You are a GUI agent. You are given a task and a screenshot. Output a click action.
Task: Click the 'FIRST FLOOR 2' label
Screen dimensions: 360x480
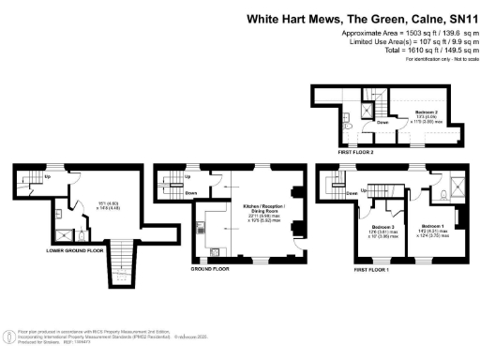pos(360,149)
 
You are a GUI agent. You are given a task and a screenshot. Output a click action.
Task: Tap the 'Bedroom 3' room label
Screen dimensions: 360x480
pos(381,228)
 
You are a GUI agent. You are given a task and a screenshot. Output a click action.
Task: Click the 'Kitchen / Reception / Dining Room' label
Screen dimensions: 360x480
pos(263,209)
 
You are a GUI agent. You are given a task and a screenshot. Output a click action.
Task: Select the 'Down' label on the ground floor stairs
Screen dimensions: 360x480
pos(190,194)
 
